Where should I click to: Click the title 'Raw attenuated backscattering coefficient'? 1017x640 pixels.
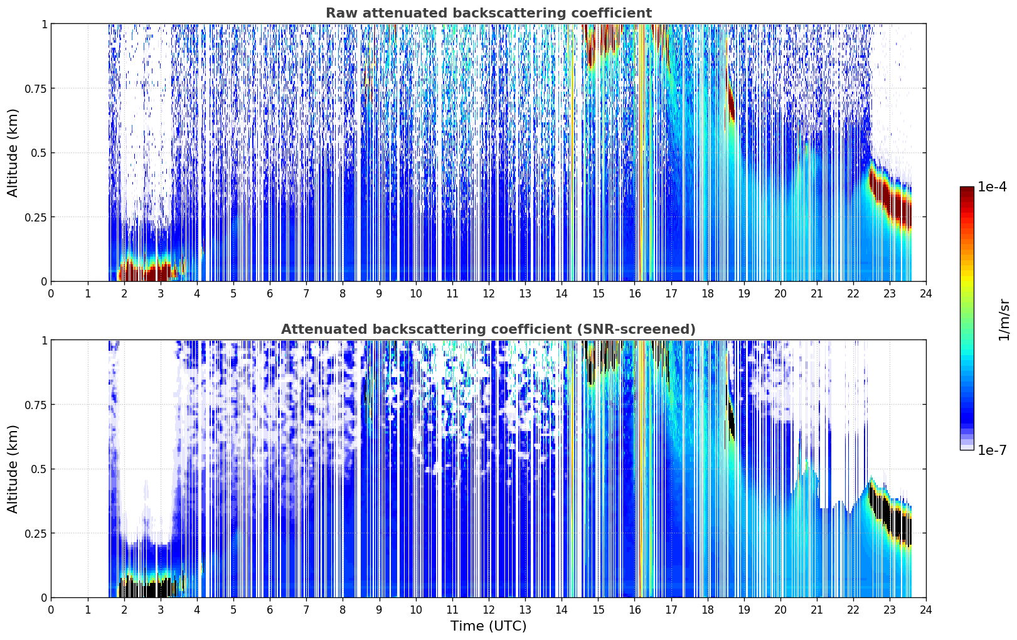pyautogui.click(x=489, y=13)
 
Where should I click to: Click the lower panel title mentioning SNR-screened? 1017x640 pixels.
pyautogui.click(x=489, y=329)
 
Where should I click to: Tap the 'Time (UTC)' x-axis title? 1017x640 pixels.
pyautogui.click(x=489, y=626)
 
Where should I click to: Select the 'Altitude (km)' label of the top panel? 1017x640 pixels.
pyautogui.click(x=13, y=153)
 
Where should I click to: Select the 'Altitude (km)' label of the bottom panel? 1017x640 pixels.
pyautogui.click(x=13, y=469)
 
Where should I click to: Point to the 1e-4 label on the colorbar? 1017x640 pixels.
pyautogui.click(x=992, y=186)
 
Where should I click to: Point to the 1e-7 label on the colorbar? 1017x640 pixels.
pyautogui.click(x=992, y=450)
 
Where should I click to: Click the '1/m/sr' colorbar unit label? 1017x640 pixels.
pyautogui.click(x=1004, y=319)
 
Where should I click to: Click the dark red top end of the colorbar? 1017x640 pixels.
pyautogui.click(x=967, y=189)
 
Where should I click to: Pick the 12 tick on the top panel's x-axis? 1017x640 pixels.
pyautogui.click(x=489, y=294)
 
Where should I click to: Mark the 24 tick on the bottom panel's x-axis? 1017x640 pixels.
pyautogui.click(x=926, y=610)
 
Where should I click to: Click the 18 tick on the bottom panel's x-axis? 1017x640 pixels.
pyautogui.click(x=707, y=610)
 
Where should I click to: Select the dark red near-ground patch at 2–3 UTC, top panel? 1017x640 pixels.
pyautogui.click(x=146, y=270)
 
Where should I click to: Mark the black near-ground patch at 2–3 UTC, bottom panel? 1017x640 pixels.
pyautogui.click(x=146, y=587)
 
